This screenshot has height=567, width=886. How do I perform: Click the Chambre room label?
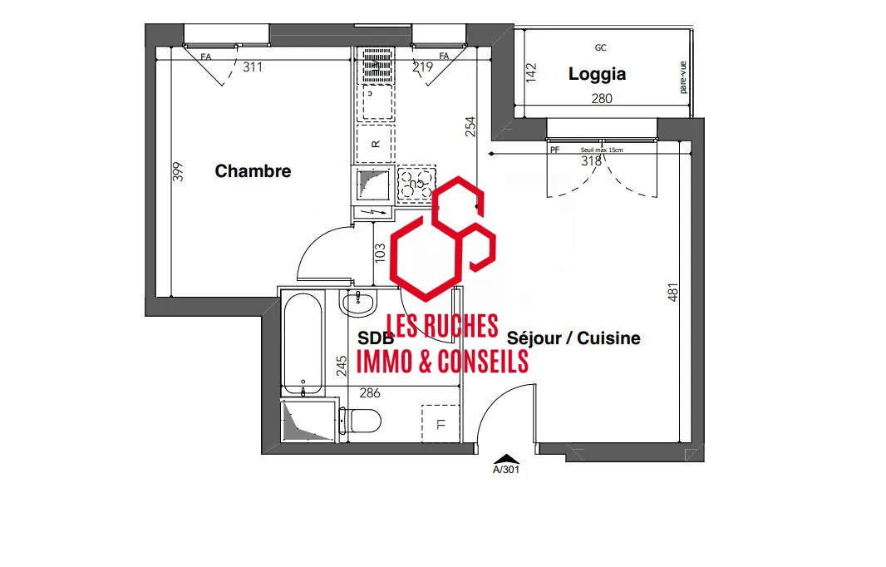tap(253, 172)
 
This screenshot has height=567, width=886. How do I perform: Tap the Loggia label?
tap(597, 74)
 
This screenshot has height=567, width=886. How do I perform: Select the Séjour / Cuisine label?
tap(573, 338)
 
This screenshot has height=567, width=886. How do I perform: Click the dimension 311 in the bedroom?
tap(252, 67)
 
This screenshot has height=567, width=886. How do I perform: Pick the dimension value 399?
tap(177, 172)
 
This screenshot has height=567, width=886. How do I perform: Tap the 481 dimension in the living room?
tap(673, 292)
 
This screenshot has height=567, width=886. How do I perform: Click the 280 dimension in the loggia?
tap(601, 99)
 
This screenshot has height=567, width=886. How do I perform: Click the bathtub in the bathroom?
tap(302, 343)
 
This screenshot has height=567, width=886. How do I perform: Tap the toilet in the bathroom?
tap(364, 421)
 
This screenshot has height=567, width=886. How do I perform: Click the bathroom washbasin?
tap(358, 303)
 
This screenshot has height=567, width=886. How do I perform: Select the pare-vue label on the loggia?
tap(683, 76)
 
